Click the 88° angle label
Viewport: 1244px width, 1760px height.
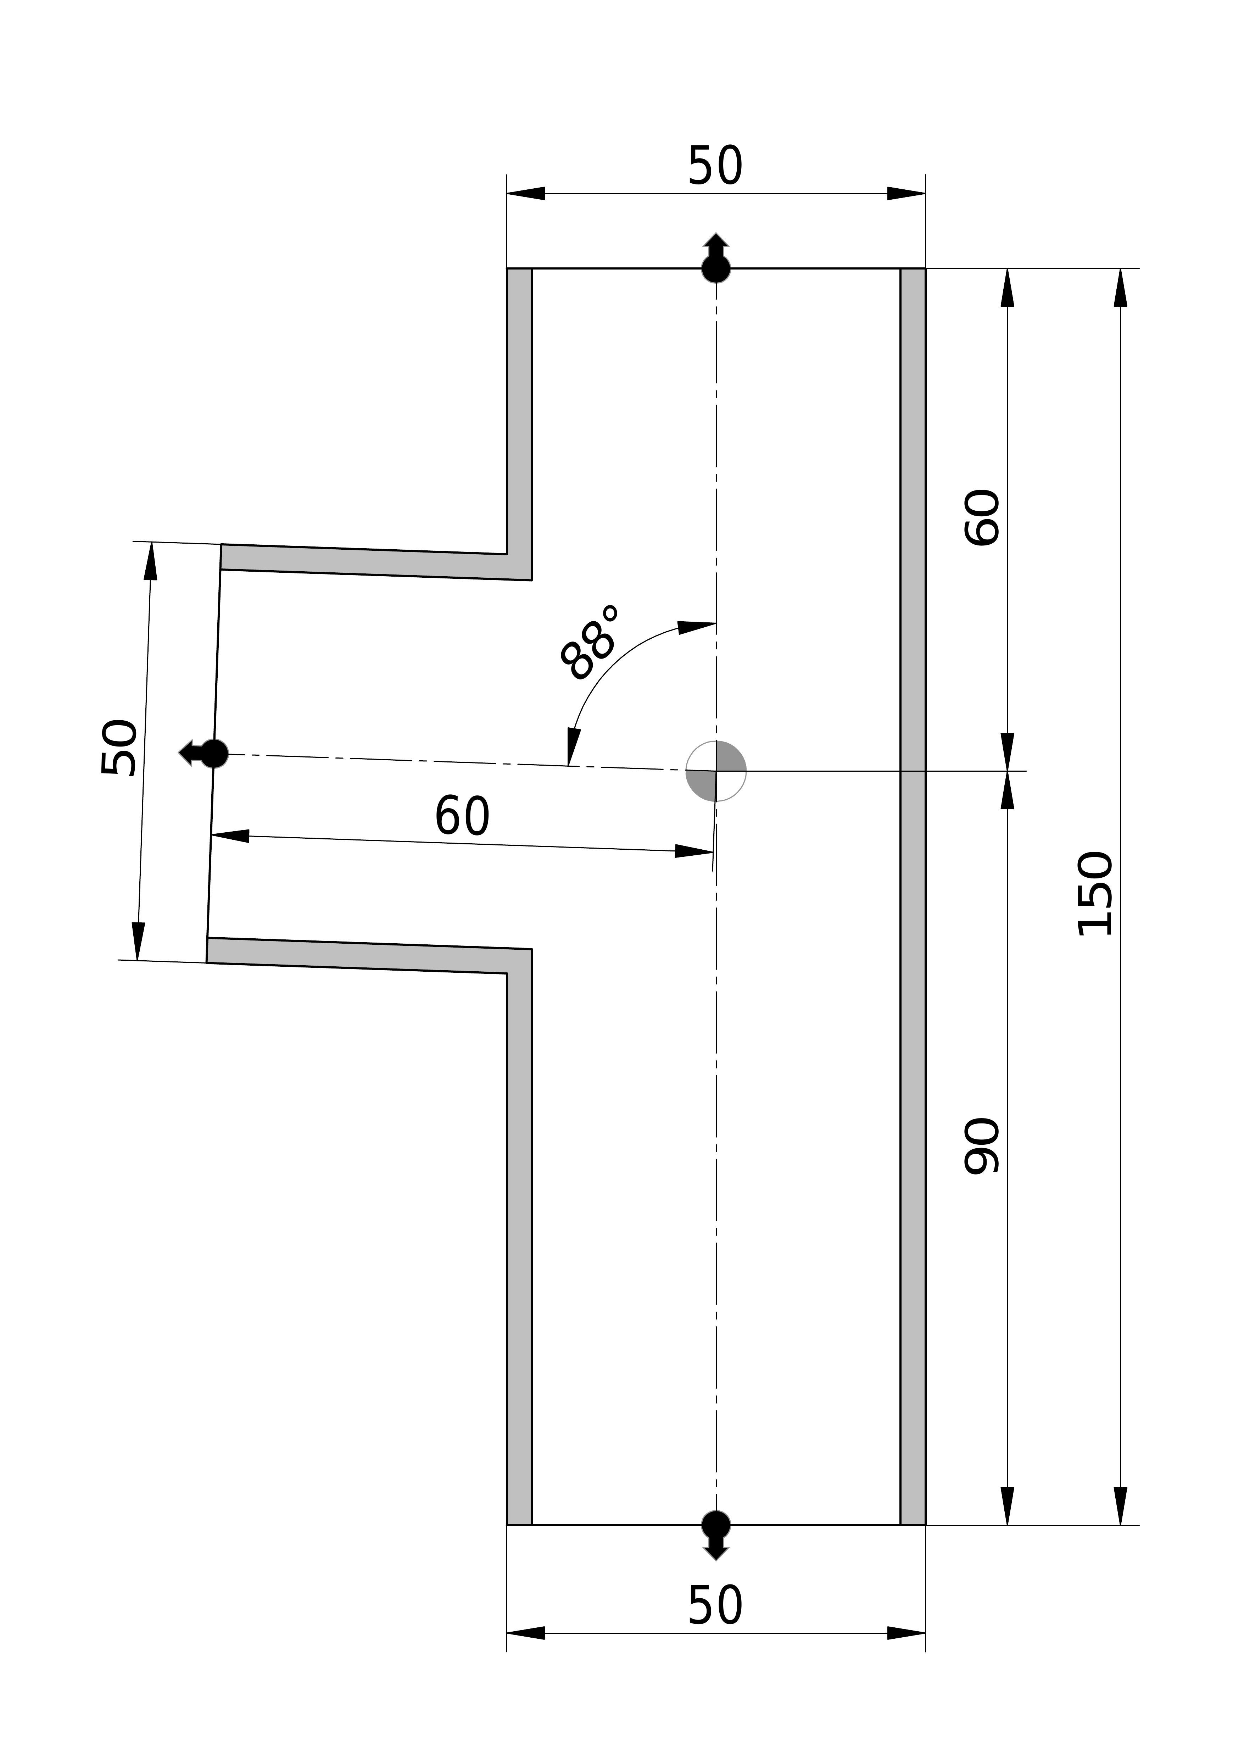pyautogui.click(x=588, y=642)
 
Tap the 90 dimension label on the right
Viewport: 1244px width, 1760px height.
pyautogui.click(x=982, y=1146)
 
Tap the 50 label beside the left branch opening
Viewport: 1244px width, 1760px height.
pyautogui.click(x=119, y=748)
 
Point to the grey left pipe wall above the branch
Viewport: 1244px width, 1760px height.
pyautogui.click(x=519, y=414)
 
